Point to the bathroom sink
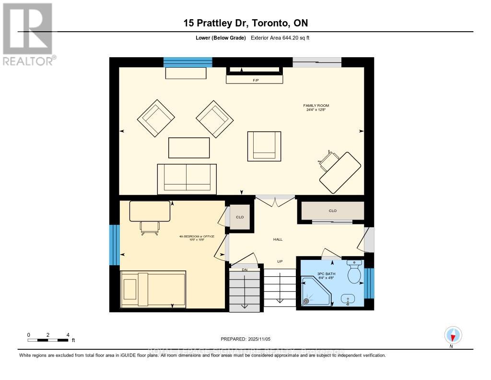point(350,299)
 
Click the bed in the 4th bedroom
point(153,289)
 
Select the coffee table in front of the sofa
point(189,147)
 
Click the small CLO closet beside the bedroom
point(240,218)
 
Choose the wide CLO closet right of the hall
point(332,211)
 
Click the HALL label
point(278,239)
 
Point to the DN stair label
point(244,269)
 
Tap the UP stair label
point(280,261)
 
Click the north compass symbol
point(452,335)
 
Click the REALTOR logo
point(28,34)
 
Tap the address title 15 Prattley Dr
point(245,23)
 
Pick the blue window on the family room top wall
point(187,62)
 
